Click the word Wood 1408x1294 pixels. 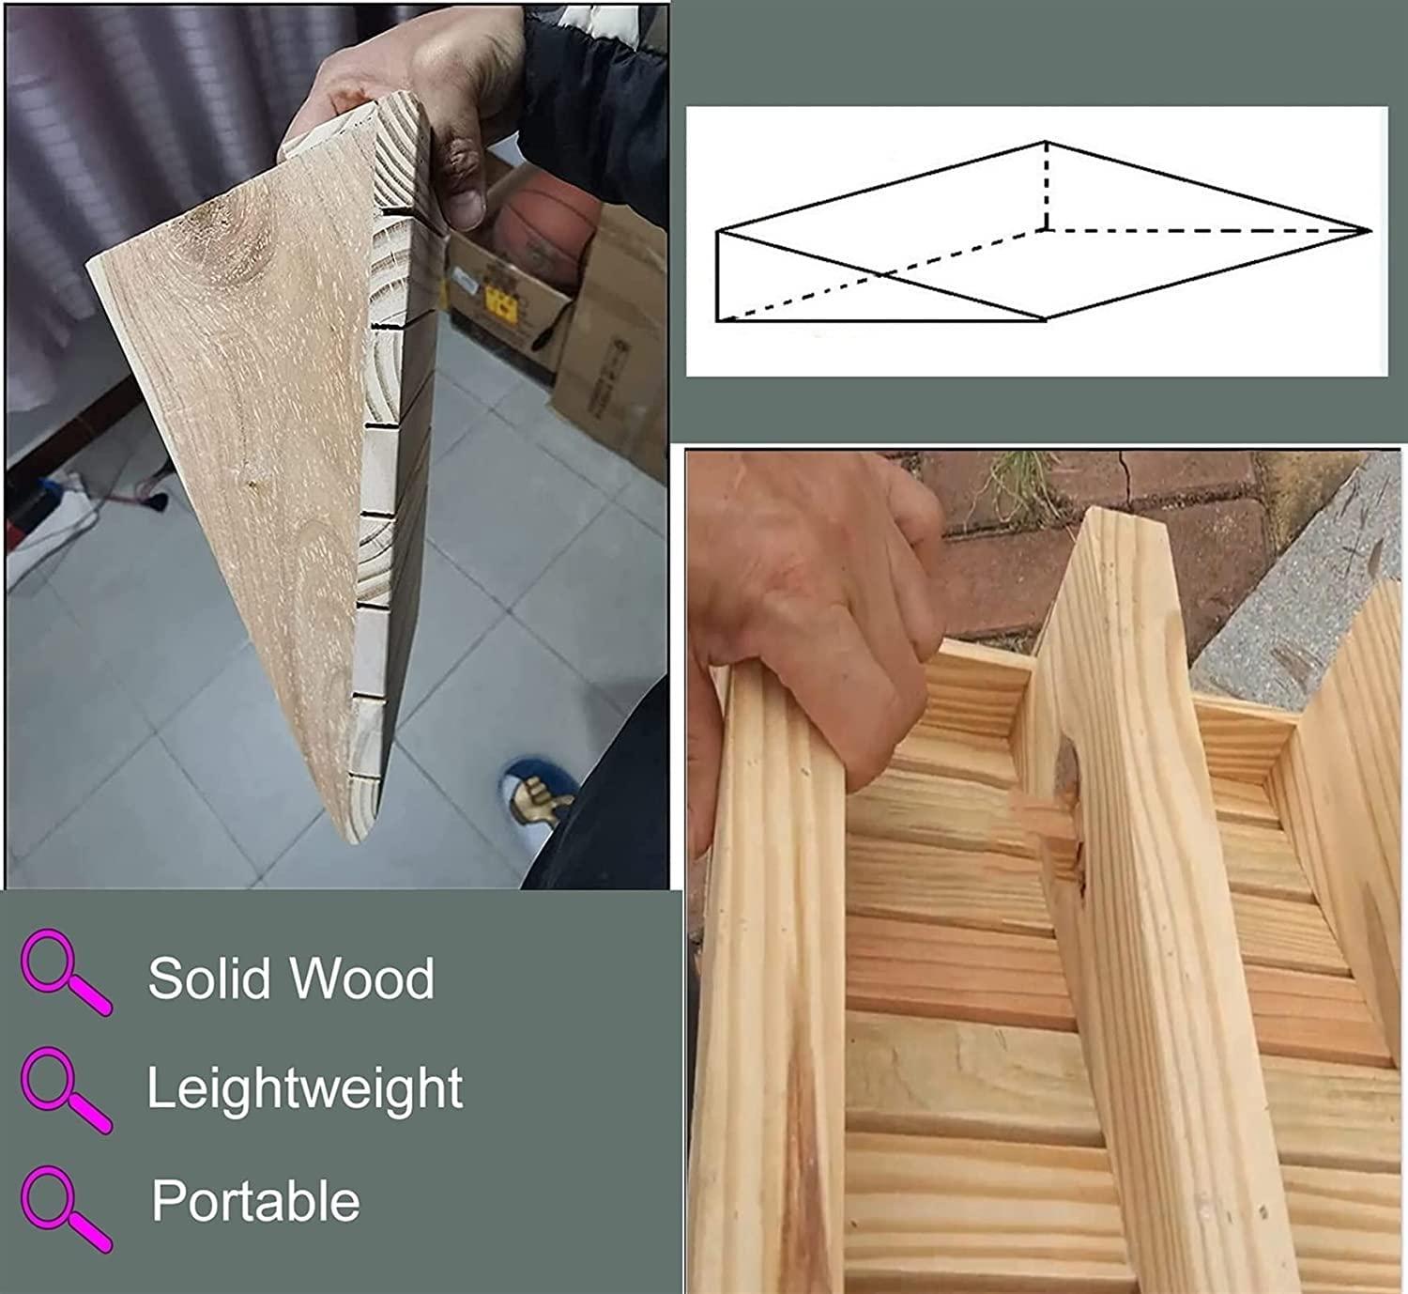click(362, 978)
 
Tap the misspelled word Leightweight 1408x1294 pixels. click(304, 1089)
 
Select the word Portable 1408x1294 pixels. click(255, 1201)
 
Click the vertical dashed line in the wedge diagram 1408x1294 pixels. click(1046, 185)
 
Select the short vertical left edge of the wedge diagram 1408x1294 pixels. click(717, 276)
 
